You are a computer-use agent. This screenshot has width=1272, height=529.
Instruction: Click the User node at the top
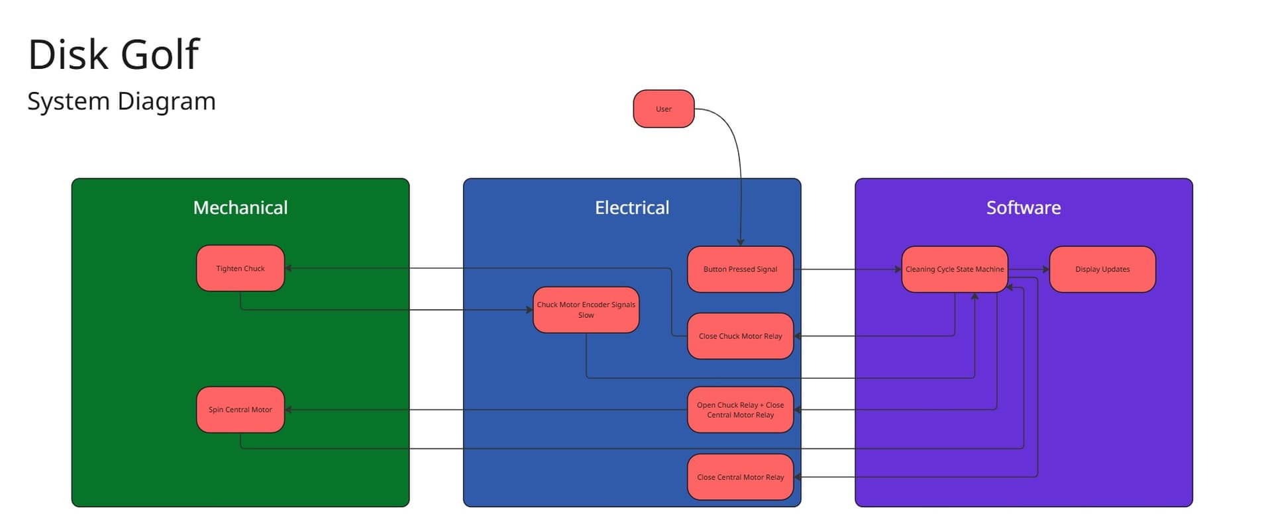(x=663, y=109)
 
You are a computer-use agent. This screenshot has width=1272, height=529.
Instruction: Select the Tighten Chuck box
(x=240, y=268)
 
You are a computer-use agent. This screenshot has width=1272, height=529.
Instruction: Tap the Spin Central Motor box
(x=240, y=409)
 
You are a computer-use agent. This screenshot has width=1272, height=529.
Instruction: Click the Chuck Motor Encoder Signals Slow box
(x=586, y=310)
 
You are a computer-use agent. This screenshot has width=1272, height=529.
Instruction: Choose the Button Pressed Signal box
(x=740, y=269)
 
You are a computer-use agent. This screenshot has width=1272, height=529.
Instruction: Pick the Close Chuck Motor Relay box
(x=740, y=336)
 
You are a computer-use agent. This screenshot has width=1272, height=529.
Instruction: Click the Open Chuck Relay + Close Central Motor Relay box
(x=740, y=409)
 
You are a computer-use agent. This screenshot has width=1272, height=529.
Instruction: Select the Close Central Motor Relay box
(x=740, y=477)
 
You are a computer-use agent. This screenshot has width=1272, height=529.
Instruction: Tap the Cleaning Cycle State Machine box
(x=954, y=269)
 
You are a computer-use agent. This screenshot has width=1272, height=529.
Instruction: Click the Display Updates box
(x=1102, y=269)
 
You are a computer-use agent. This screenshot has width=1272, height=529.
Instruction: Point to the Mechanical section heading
(x=240, y=207)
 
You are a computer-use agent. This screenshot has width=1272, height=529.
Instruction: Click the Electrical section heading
(x=631, y=207)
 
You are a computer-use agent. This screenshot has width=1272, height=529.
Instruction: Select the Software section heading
(x=1023, y=207)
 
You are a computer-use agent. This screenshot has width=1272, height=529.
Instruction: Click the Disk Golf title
(x=113, y=54)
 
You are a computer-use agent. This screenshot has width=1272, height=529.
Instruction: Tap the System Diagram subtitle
(x=121, y=101)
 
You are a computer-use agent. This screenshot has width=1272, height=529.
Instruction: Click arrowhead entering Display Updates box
(x=1046, y=269)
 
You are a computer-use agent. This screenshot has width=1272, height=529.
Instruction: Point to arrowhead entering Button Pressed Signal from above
(x=741, y=242)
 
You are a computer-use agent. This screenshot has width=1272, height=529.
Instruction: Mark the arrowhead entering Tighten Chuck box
(x=289, y=268)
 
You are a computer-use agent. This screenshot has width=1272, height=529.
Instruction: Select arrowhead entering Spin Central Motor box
(x=289, y=409)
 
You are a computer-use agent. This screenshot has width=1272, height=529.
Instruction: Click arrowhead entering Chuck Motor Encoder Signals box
(x=529, y=310)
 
